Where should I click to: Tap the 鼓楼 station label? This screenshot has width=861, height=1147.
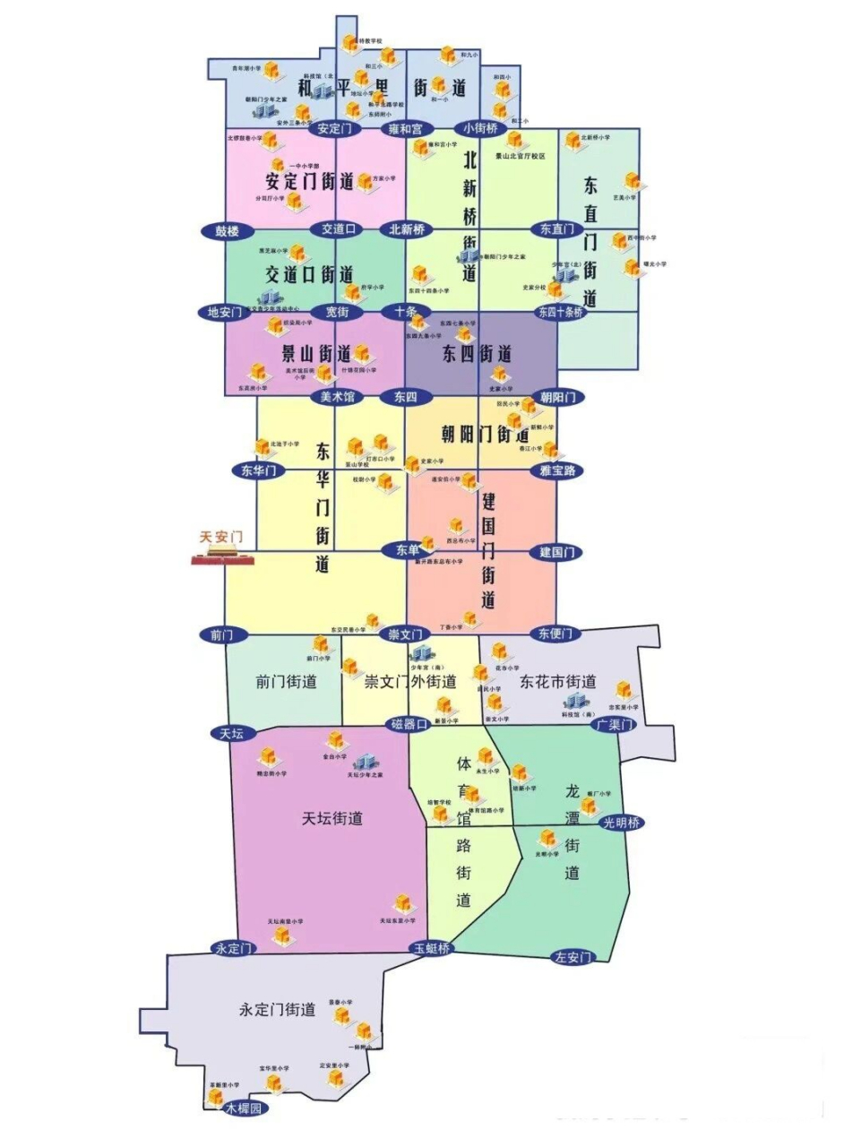click(x=228, y=231)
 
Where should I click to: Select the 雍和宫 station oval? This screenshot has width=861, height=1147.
click(x=405, y=129)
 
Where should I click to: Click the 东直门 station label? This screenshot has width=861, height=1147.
click(x=556, y=229)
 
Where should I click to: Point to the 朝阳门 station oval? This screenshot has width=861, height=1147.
click(x=557, y=397)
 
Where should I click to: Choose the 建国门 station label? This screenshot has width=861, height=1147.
click(x=556, y=552)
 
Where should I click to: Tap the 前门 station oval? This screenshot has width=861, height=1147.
click(x=221, y=634)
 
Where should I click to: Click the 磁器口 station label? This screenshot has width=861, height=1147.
click(x=409, y=724)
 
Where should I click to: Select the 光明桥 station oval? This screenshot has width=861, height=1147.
click(x=622, y=823)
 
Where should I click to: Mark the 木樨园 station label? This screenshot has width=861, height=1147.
click(x=245, y=1108)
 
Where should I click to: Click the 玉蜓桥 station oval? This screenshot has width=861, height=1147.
click(x=432, y=948)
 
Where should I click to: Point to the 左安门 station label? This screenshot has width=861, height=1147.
click(x=573, y=957)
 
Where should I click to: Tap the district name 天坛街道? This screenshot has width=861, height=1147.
click(x=331, y=818)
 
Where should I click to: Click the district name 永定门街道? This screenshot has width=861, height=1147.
click(x=277, y=1010)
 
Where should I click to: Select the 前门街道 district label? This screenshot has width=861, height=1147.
click(x=286, y=682)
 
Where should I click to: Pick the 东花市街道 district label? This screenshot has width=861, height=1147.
click(x=558, y=682)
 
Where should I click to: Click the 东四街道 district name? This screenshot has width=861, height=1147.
click(x=477, y=355)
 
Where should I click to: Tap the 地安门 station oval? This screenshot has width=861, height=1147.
click(x=224, y=313)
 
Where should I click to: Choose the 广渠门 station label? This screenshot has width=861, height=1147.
click(x=614, y=724)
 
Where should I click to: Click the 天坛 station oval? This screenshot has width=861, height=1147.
click(x=231, y=733)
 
